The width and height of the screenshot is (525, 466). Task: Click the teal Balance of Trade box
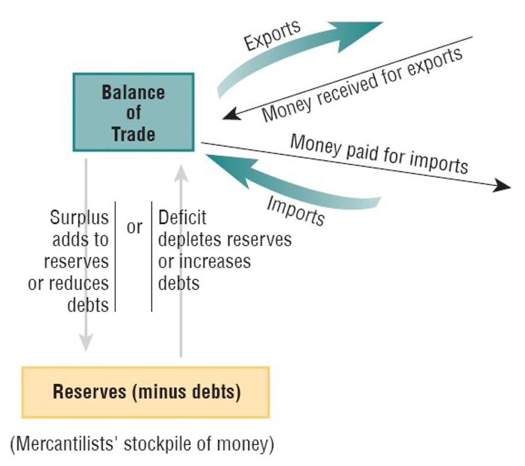[133, 112]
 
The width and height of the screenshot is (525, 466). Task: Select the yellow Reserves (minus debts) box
[146, 392]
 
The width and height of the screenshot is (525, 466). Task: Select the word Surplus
[80, 217]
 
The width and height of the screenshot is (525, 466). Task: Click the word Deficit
[182, 217]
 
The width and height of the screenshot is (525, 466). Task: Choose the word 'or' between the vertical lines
[135, 228]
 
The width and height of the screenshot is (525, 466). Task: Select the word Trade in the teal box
[133, 133]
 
